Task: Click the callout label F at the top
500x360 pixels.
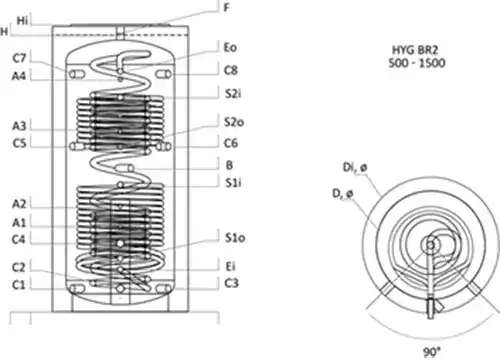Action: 227,7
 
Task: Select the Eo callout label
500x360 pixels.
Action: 230,47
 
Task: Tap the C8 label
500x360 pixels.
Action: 231,70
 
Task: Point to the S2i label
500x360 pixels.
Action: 233,94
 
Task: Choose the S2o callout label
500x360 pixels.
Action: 234,122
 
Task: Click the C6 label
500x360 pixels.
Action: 231,143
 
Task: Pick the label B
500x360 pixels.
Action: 229,165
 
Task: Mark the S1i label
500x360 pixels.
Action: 233,183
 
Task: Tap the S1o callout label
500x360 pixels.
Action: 235,238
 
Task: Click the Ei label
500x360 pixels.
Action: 230,266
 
